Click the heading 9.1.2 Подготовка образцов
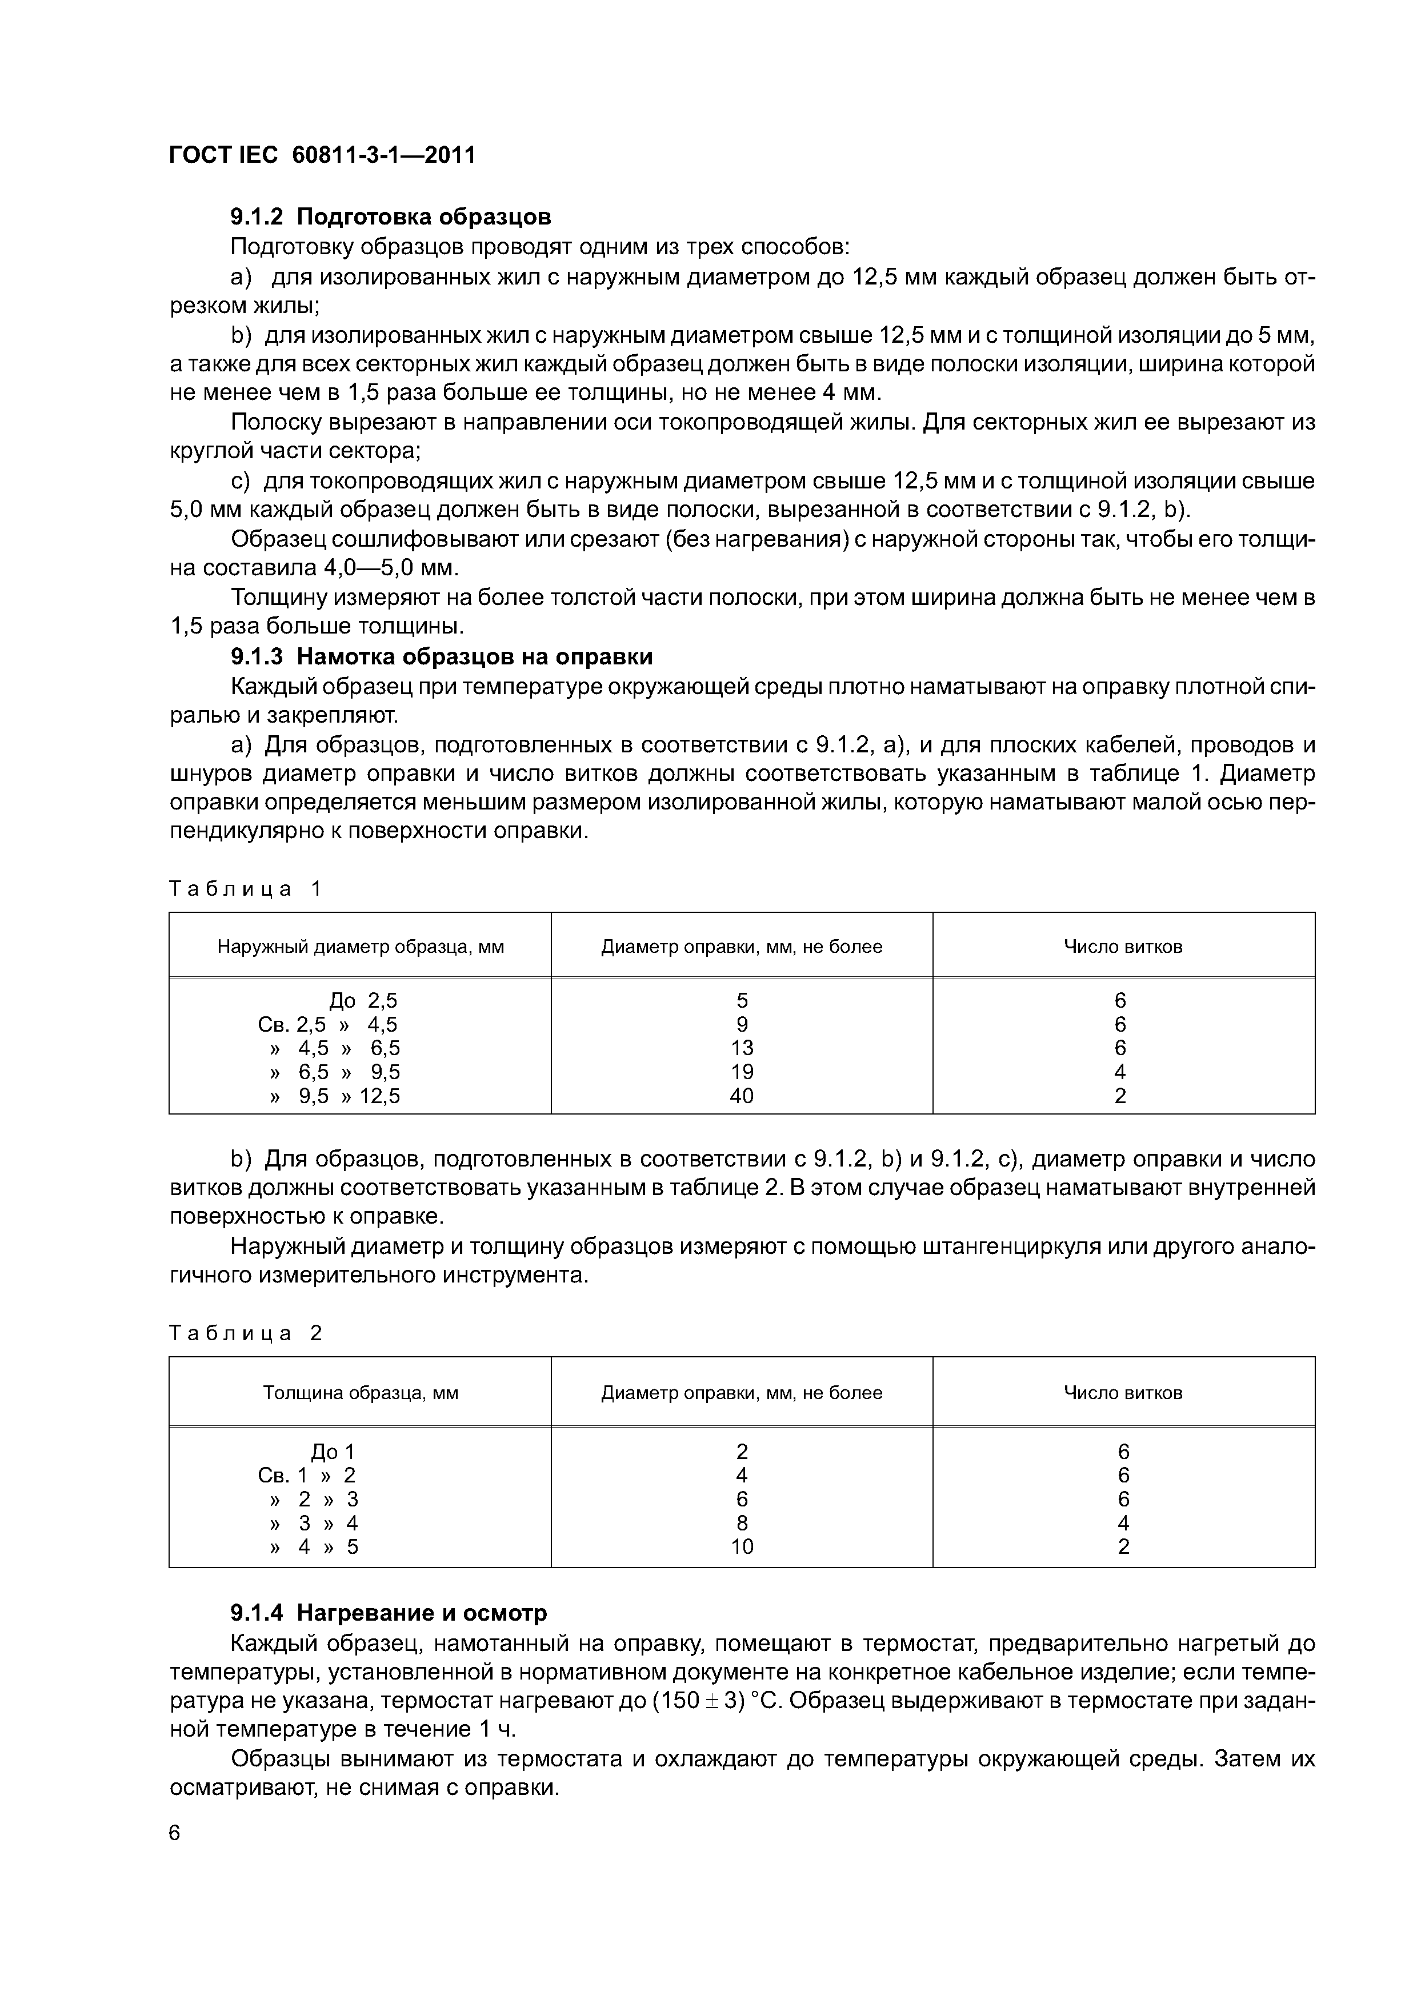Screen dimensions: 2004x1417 tap(390, 217)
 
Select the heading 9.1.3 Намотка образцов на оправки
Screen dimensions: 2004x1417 tap(441, 656)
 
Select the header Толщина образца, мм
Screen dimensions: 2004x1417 tap(361, 1392)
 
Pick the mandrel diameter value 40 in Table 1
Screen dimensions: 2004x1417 tap(741, 1095)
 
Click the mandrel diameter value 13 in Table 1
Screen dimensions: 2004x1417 tap(741, 1047)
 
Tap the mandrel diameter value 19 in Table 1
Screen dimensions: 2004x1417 tap(741, 1072)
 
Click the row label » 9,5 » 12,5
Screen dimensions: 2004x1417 tap(335, 1095)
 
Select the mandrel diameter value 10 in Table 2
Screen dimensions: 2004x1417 tap(741, 1546)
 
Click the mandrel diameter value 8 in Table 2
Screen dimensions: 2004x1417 tap(741, 1523)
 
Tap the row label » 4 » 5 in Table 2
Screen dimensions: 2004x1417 tap(314, 1546)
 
